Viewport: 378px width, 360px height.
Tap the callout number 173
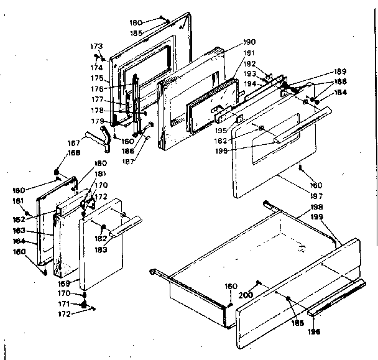[x=96, y=47]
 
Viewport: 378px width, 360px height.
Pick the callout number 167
[x=73, y=144]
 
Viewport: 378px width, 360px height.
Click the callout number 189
[x=340, y=72]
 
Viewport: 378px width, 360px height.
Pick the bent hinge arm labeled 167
[x=96, y=136]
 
